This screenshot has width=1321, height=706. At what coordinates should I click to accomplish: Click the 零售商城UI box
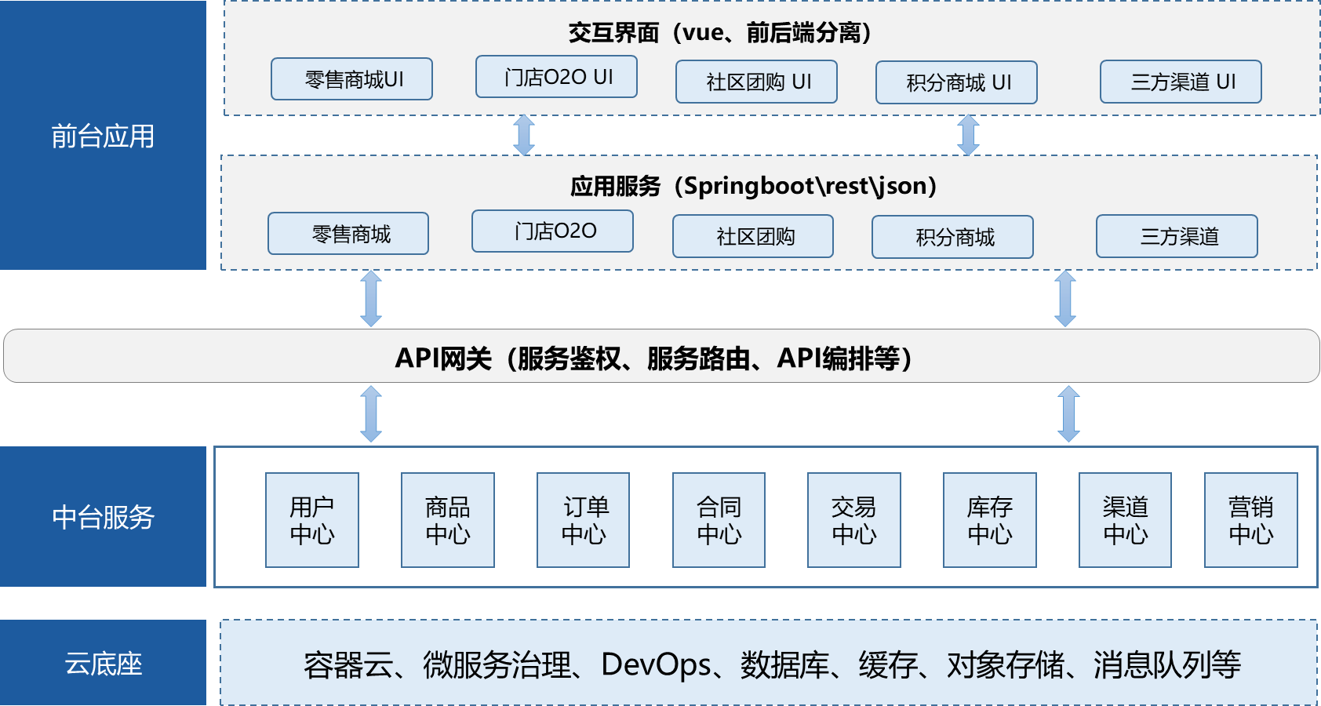(351, 79)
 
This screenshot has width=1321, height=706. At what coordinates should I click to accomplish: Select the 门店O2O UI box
(556, 77)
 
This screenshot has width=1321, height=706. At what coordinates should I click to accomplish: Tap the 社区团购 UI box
(756, 82)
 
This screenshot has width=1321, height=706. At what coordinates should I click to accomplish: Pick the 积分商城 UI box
(956, 82)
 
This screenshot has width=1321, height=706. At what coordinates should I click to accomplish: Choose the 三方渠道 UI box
(1181, 82)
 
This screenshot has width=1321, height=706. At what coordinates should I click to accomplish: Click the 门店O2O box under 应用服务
(552, 231)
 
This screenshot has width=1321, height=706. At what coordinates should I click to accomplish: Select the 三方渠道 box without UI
(1177, 236)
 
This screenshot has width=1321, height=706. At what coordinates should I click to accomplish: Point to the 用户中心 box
(312, 520)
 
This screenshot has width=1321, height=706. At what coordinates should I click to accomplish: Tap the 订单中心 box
(583, 520)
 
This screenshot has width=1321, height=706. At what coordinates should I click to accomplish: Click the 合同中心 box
(719, 520)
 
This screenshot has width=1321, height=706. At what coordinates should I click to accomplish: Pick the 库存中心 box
(989, 520)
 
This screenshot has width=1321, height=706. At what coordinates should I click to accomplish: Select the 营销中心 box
(1250, 520)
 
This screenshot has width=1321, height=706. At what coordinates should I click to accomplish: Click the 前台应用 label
(103, 136)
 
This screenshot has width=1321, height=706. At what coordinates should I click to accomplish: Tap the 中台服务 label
(103, 517)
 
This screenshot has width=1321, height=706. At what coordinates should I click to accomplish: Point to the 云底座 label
(103, 664)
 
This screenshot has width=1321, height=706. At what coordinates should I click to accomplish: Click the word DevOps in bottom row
(656, 665)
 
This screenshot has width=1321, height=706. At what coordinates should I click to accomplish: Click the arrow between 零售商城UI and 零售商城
(524, 135)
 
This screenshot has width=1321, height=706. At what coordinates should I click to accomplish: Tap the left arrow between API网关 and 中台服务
(371, 413)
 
